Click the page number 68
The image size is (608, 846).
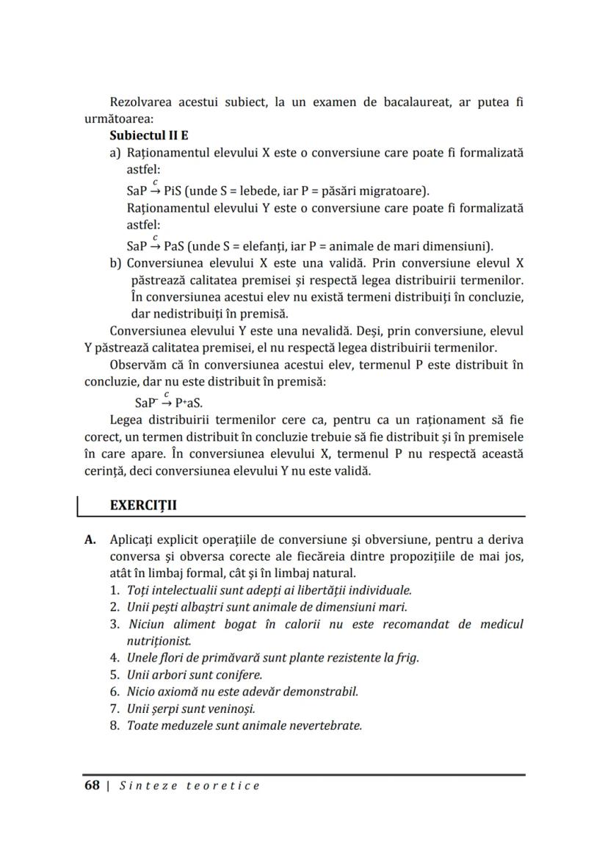92,785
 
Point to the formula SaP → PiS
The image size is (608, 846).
153,190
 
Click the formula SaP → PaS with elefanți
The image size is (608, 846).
154,245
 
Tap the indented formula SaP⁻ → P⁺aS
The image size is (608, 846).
169,402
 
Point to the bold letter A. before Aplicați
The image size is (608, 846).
91,539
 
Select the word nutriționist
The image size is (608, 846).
156,641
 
